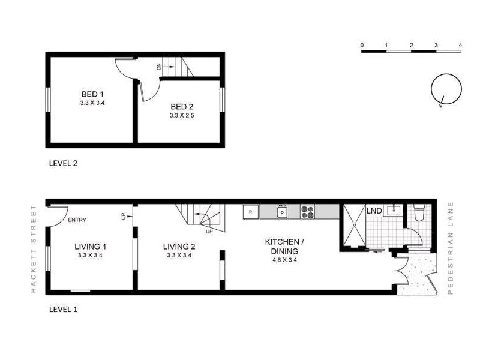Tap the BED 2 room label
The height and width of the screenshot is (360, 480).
pyautogui.click(x=181, y=106)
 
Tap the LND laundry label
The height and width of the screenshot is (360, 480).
pyautogui.click(x=374, y=211)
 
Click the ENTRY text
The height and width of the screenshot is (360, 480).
pyautogui.click(x=77, y=220)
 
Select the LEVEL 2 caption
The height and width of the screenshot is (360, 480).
pyautogui.click(x=62, y=163)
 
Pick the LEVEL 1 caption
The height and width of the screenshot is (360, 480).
pyautogui.click(x=62, y=310)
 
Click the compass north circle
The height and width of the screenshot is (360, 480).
pyautogui.click(x=446, y=89)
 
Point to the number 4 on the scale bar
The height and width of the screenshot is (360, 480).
pyautogui.click(x=460, y=45)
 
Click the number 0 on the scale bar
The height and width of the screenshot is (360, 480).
pyautogui.click(x=362, y=45)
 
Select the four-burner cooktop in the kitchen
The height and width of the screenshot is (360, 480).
pyautogui.click(x=308, y=212)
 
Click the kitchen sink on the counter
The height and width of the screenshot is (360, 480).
pyautogui.click(x=282, y=212)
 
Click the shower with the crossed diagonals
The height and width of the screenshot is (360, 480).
pyautogui.click(x=354, y=226)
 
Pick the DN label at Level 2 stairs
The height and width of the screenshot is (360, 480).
pyautogui.click(x=159, y=67)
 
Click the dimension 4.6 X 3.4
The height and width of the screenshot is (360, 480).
pyautogui.click(x=285, y=260)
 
